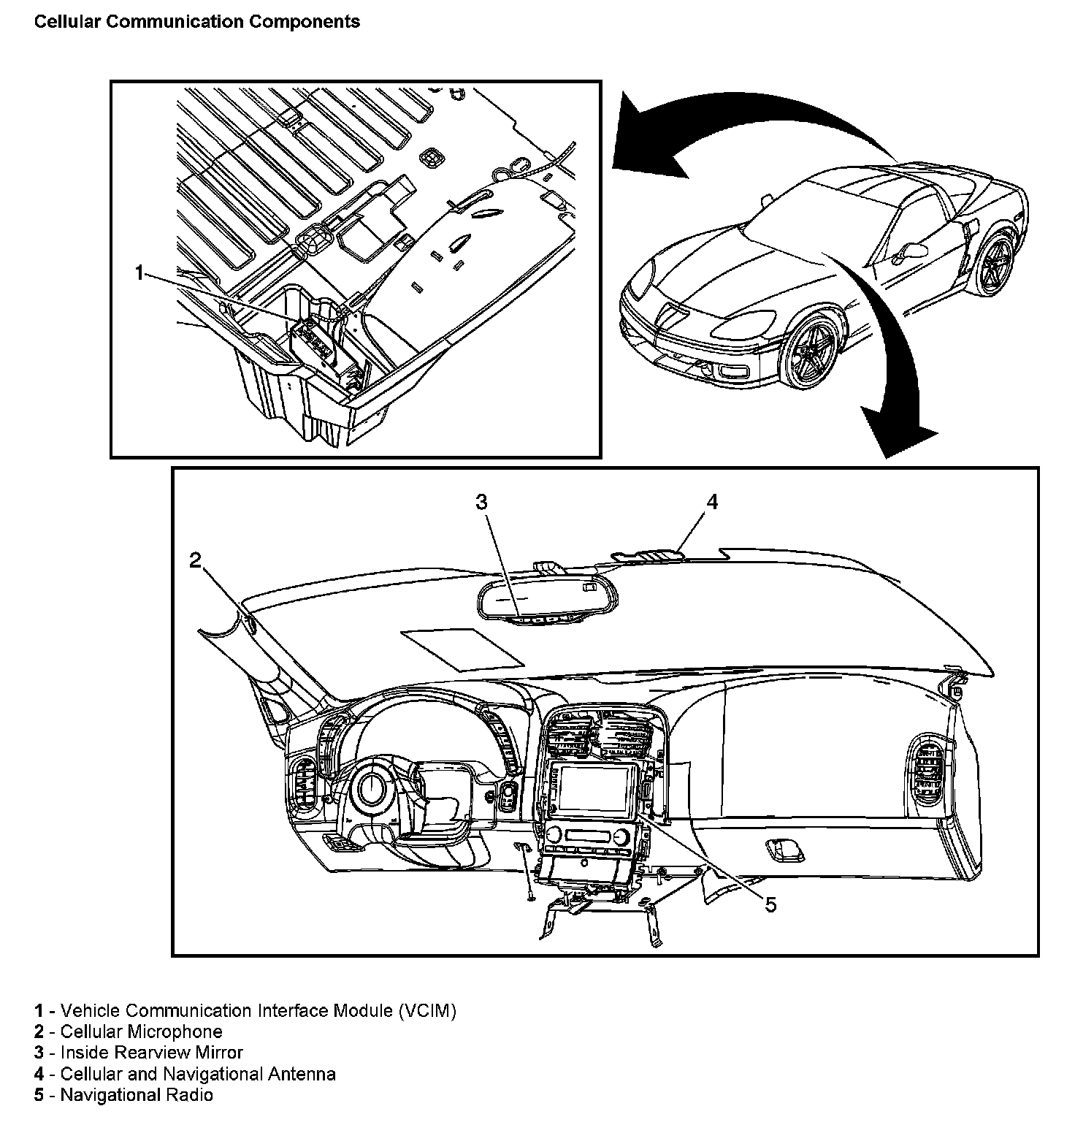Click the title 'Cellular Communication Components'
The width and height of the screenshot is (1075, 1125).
[197, 22]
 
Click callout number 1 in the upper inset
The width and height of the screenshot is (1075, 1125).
[139, 274]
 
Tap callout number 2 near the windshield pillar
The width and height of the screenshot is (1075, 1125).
[195, 560]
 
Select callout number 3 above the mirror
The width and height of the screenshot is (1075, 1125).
[481, 502]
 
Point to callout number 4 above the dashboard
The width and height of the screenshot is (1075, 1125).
[712, 502]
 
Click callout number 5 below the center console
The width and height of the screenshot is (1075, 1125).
[770, 905]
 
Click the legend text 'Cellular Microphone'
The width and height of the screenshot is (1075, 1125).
[141, 1031]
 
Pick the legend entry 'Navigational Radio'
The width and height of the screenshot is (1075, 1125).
[137, 1095]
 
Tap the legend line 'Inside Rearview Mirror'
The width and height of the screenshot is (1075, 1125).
[151, 1053]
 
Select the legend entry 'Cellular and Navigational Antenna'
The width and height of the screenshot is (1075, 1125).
[198, 1074]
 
